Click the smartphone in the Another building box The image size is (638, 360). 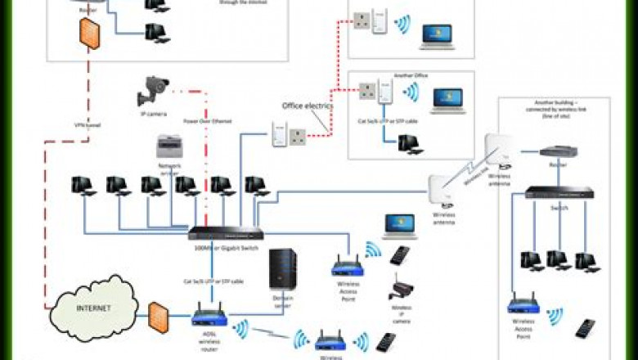click(x=586, y=328)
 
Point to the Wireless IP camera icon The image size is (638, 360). click(x=402, y=290)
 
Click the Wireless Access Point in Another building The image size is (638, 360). click(x=523, y=305)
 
